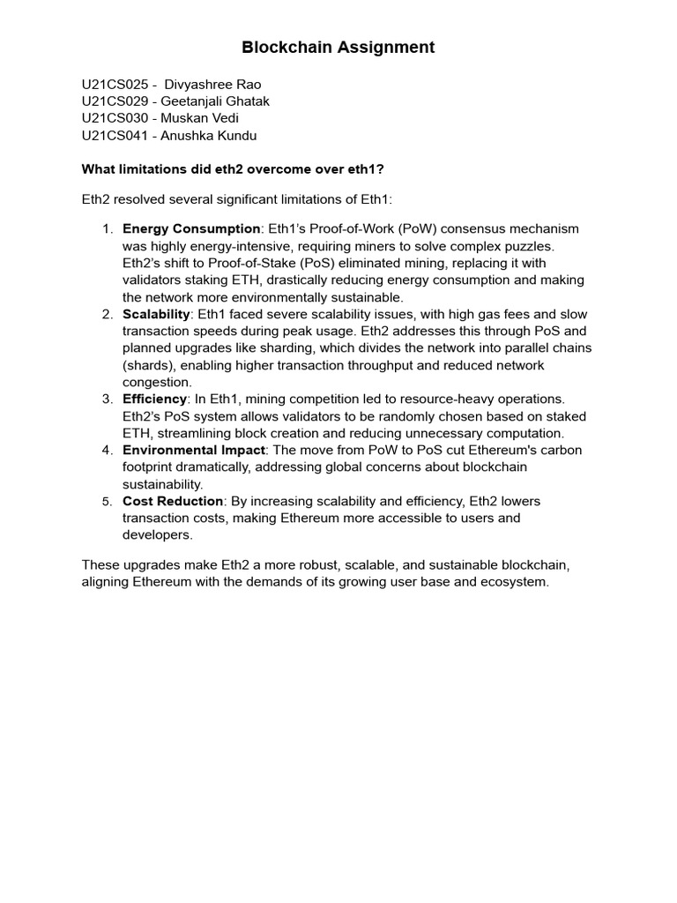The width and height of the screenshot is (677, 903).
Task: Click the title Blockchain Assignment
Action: pos(338,48)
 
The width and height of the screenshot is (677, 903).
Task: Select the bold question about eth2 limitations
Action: pos(233,169)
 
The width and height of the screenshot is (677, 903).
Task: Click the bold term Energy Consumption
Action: pos(191,229)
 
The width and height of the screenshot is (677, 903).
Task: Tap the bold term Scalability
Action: pos(156,315)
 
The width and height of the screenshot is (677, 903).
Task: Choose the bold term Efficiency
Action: pos(154,399)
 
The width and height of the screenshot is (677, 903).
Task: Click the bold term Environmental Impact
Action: pos(193,451)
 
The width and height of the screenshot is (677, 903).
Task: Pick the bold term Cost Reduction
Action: pos(173,502)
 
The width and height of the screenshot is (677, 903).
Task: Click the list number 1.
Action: pos(107,229)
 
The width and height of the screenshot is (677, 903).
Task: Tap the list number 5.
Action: pos(107,502)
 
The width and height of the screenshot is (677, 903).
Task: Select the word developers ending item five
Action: pos(157,535)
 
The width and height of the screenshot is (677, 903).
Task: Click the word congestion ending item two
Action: pos(157,383)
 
